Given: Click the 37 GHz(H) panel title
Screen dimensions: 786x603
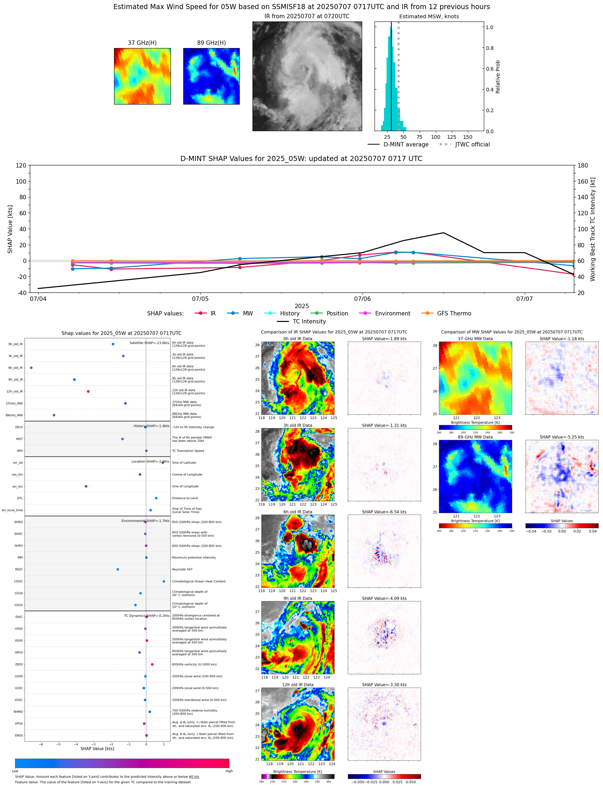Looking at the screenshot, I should (142, 43).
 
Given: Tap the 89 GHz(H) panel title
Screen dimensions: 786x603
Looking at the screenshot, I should (211, 43).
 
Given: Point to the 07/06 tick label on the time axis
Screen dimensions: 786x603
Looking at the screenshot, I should (362, 299).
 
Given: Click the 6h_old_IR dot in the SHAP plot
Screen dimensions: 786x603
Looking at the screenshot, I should (31, 368).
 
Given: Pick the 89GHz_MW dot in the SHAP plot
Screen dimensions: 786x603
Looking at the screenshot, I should (54, 415).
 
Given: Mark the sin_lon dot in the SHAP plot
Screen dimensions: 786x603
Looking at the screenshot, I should (86, 486).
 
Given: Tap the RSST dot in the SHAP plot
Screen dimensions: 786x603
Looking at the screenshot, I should (118, 569).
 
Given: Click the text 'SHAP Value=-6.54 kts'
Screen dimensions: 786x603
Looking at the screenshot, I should (384, 512).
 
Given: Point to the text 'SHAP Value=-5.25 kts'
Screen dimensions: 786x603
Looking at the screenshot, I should (561, 437).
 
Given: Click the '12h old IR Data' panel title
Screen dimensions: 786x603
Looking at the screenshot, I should (298, 685).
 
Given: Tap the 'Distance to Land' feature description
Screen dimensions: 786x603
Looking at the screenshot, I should (185, 498).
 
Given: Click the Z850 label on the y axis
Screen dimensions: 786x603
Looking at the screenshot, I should (19, 664).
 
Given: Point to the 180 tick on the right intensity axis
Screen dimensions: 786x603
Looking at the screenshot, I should (583, 166).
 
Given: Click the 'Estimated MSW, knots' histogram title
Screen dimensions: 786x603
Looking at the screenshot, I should (429, 17).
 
